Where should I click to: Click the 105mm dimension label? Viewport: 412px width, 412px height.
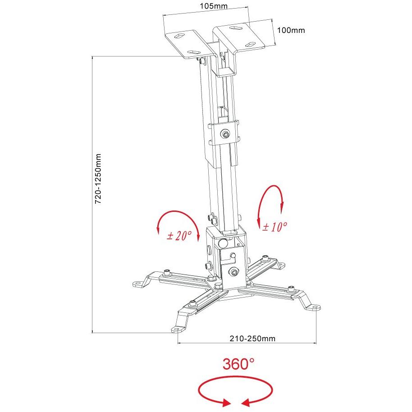tap(214, 6)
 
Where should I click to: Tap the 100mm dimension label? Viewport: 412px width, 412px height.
tap(291, 30)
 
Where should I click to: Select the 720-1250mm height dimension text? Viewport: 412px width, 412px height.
tap(98, 179)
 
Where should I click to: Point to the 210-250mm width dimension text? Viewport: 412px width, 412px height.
tap(252, 339)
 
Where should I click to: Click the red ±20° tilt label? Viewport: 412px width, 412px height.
tap(179, 235)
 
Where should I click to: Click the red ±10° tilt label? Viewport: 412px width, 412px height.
tap(275, 226)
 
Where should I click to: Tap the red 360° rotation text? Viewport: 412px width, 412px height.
tap(238, 364)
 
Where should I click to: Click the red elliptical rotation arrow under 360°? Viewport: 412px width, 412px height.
tap(235, 378)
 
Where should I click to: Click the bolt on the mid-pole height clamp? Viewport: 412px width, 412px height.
tap(225, 134)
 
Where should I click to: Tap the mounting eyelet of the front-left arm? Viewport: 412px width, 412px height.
tap(178, 330)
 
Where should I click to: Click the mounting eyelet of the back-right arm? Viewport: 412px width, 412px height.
tap(281, 265)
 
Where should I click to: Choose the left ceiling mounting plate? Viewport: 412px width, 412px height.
tap(189, 44)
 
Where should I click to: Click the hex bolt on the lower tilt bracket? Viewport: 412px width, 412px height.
tap(234, 272)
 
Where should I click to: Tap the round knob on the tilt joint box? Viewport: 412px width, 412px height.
tap(223, 243)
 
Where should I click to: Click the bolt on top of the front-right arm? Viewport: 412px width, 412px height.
tap(291, 288)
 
